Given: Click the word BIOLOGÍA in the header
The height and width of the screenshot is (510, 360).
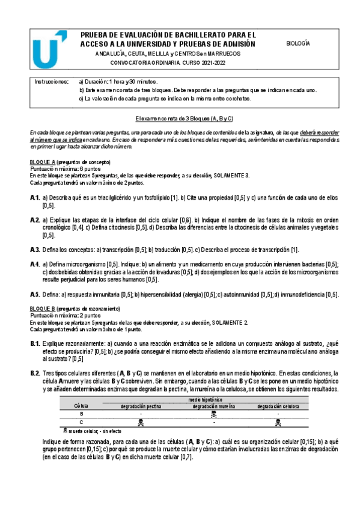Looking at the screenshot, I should coord(297,43).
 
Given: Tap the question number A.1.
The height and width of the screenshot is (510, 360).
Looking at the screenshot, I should coord(34,197).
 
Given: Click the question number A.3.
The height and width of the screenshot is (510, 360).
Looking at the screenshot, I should coord(34,250).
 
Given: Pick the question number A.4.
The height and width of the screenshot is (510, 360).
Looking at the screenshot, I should coord(34,264).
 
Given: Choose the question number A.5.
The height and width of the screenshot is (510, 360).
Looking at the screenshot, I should coord(34,294).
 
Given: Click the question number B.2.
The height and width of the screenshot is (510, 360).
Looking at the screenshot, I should coord(34,373).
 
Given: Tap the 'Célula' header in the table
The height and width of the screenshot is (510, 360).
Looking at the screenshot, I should coord(81,406).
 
